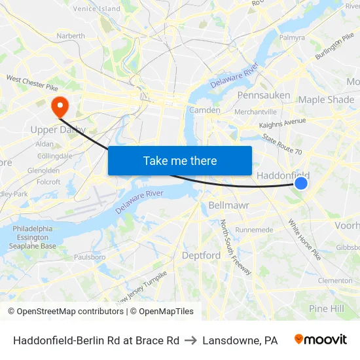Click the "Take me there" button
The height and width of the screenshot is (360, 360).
click(180, 160)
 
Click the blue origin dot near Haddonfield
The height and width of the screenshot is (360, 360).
click(301, 184)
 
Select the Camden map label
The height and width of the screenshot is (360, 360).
click(204, 110)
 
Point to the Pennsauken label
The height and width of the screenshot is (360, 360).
click(264, 96)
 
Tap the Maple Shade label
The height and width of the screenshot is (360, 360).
click(326, 99)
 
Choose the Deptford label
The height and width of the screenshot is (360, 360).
click(201, 255)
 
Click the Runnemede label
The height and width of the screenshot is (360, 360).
click(254, 230)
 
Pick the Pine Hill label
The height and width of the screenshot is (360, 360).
click(327, 308)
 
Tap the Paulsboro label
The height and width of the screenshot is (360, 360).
click(90, 257)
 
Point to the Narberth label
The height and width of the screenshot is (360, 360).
click(71, 35)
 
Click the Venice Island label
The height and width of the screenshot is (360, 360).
click(97, 9)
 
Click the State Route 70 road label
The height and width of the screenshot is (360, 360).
click(282, 145)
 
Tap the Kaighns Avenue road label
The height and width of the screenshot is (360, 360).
click(282, 122)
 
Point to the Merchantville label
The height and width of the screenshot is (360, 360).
click(256, 112)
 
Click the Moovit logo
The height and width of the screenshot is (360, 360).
click(320, 340)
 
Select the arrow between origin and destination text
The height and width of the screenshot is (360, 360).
click(191, 340)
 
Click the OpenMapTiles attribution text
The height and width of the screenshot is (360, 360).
click(163, 312)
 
